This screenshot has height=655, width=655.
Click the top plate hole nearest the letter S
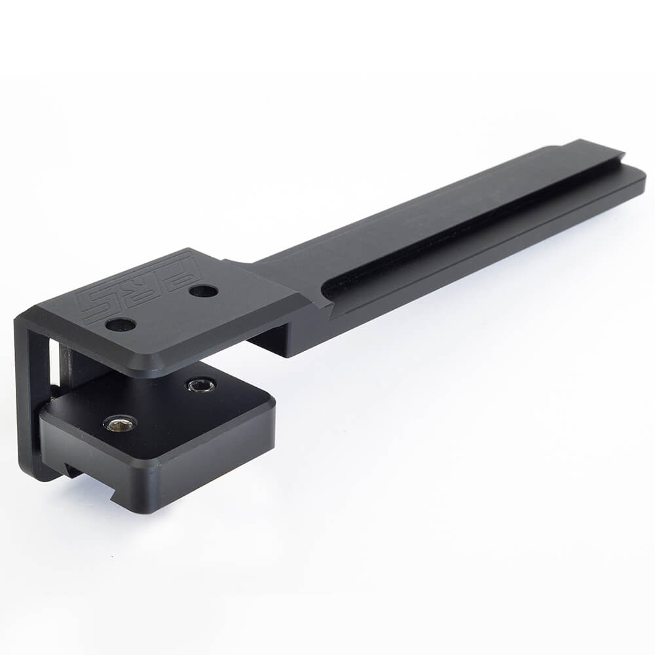coord(121,324)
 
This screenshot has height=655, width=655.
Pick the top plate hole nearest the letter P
coord(204,291)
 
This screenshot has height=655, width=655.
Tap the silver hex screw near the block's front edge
coord(121,424)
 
